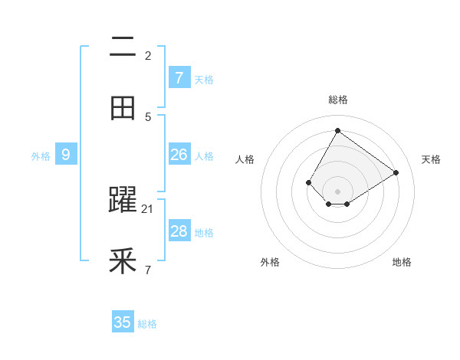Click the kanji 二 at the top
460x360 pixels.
pos(123,47)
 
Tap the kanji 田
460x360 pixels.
pos(123,108)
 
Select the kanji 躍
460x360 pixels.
pos(123,201)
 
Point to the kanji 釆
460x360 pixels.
pos(123,262)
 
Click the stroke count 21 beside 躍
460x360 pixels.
pos(148,209)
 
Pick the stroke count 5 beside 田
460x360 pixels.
pos(148,116)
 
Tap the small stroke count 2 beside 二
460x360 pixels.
pos(148,56)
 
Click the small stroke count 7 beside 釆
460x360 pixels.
pos(148,270)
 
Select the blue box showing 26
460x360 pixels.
pos(179,155)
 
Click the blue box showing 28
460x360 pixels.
pos(179,231)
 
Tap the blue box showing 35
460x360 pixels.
pos(123,322)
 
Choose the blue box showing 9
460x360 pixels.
pos(66,155)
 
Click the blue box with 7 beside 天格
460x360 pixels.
pos(179,77)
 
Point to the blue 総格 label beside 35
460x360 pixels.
pos(147,324)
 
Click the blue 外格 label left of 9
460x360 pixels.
pos(41,156)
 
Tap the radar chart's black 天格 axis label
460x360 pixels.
pos(432,159)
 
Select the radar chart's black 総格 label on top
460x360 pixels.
pos(338,100)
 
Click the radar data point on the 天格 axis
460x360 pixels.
pos(396,172)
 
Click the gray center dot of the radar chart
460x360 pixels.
pos(338,191)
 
